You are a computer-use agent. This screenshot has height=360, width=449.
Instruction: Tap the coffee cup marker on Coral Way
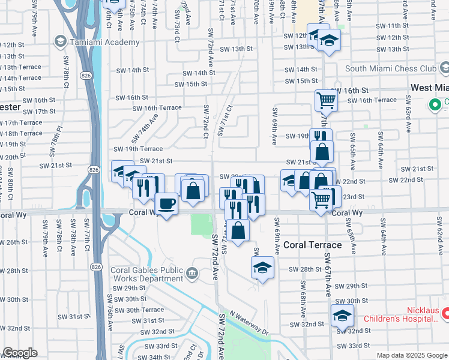166,204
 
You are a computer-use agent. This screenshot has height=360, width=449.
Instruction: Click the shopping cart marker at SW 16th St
326,99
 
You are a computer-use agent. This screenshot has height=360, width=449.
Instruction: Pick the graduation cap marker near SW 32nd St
342,315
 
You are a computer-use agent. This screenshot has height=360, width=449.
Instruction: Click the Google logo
20,353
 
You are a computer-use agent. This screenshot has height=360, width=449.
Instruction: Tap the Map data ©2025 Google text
412,355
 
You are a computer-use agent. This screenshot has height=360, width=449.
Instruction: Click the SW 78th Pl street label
59,136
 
